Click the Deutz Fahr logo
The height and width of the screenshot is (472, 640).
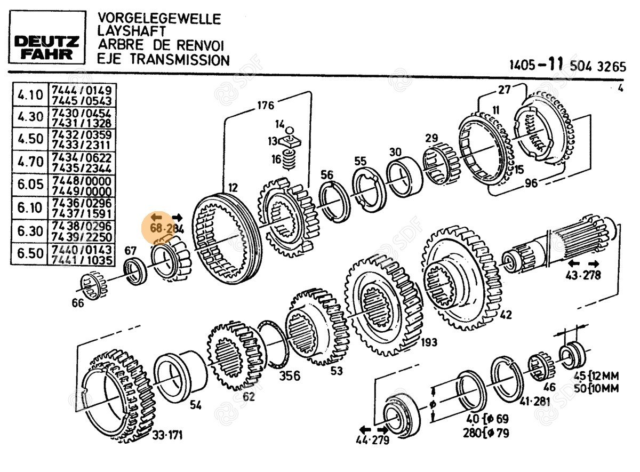pos(47,47)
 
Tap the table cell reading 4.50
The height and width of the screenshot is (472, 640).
pos(30,139)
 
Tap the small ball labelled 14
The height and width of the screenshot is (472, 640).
pos(289,129)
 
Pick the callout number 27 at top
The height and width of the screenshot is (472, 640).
pos(505,89)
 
